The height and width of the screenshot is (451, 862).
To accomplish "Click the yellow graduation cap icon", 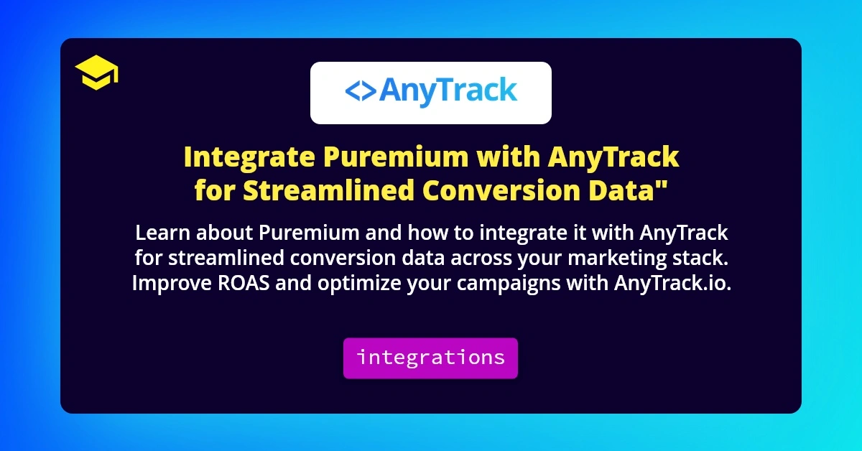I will pyautogui.click(x=96, y=74).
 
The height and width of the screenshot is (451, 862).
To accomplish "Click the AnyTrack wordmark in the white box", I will pyautogui.click(x=448, y=91).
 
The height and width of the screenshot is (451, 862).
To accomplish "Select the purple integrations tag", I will pyautogui.click(x=430, y=358).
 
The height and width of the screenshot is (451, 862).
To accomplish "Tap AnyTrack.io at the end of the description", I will pyautogui.click(x=672, y=283).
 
